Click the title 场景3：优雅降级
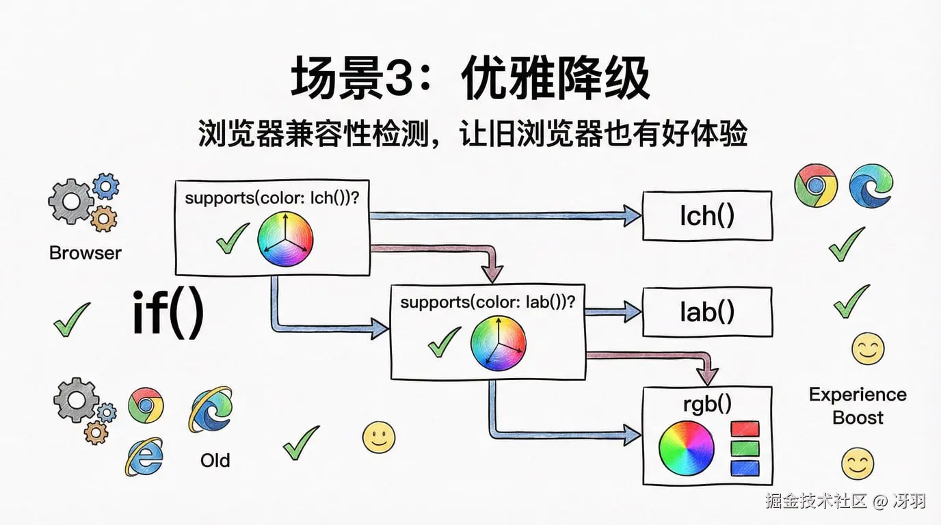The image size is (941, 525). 470,80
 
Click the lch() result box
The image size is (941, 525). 707,216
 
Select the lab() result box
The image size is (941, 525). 707,312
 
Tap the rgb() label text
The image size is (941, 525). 707,404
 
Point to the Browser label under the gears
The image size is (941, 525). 85,253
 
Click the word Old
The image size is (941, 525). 215,460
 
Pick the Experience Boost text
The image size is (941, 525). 858,405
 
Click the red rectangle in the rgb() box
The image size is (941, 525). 745,429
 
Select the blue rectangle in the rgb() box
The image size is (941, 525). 745,468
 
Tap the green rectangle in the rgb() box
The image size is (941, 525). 745,449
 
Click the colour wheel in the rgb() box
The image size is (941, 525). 686,448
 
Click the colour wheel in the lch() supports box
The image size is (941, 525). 285,239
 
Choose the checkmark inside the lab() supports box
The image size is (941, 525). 444,341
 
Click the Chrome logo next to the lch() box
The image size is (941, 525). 815,185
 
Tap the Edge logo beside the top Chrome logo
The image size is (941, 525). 871,185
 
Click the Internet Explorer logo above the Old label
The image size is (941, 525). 209,409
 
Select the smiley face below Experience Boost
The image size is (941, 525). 857,463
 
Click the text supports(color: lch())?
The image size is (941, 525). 272,198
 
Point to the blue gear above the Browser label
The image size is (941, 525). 105,186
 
